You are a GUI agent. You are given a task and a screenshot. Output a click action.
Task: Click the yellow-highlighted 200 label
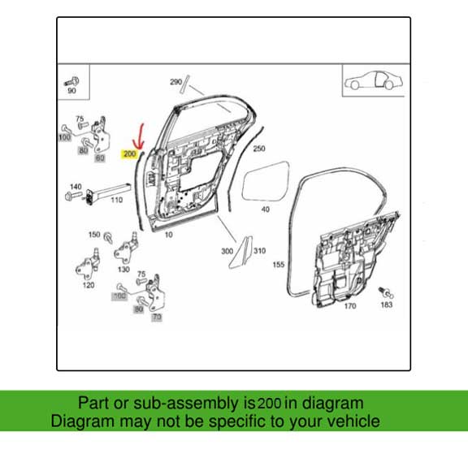coord(129,153)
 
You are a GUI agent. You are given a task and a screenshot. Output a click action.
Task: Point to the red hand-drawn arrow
coord(140,136)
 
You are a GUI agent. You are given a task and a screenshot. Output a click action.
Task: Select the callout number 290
coord(175,82)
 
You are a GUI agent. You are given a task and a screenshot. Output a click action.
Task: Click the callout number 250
coord(259,149)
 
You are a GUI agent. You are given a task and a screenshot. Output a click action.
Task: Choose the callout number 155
coord(278,265)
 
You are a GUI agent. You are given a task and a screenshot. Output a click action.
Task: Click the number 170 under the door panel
coord(350,306)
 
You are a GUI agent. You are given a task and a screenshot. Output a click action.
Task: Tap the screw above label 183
coord(387,292)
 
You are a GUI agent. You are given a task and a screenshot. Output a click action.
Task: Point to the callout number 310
coord(260,251)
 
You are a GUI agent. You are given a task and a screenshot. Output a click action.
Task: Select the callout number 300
coord(227,251)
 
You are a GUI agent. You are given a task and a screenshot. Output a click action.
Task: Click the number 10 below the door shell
coord(169,235)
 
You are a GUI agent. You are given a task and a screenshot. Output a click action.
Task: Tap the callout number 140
coord(76,186)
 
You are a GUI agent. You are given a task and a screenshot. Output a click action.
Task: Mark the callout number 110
coord(116,200)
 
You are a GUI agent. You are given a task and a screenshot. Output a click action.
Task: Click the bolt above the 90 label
coord(71,80)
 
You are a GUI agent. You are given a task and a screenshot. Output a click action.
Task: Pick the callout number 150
coord(94,234)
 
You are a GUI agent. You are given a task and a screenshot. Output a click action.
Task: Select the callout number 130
coord(123,269)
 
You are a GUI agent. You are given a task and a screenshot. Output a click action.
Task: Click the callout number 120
coord(88,287)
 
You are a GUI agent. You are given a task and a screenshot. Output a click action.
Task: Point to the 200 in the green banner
coord(270,403)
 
